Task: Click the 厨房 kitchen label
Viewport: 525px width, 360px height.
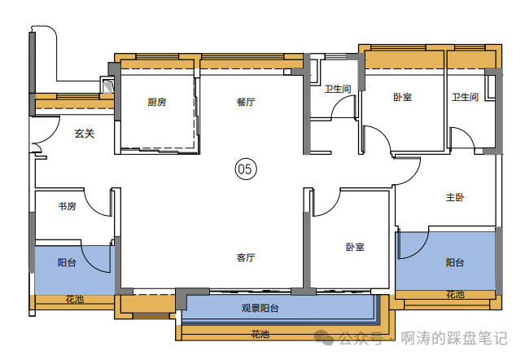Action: pos(157,102)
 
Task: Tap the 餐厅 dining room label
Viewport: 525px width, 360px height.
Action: pos(246,102)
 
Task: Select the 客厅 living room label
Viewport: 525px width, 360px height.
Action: pos(246,257)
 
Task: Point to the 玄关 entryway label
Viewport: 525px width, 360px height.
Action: pos(85,134)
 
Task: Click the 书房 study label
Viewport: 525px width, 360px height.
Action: pos(67,206)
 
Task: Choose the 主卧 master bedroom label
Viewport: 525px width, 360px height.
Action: pos(455,197)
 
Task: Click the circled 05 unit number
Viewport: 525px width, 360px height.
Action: pos(246,169)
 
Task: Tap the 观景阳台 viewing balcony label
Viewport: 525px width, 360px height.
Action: pos(260,308)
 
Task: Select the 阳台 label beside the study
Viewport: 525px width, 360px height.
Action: pos(67,262)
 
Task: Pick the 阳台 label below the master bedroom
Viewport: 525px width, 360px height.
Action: pos(455,262)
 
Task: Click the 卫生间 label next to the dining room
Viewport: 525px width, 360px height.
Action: pos(338,89)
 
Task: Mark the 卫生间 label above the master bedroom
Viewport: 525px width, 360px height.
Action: pos(465,97)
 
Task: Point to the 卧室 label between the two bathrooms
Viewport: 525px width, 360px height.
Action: pos(402,97)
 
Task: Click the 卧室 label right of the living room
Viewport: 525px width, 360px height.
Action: pos(355,247)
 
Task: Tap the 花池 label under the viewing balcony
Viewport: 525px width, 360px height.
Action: pos(260,334)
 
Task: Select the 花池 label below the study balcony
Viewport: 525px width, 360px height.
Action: pos(74,299)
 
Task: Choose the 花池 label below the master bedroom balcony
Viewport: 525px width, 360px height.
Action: pos(455,295)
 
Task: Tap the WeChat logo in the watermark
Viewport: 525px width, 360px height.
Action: pos(324,337)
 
